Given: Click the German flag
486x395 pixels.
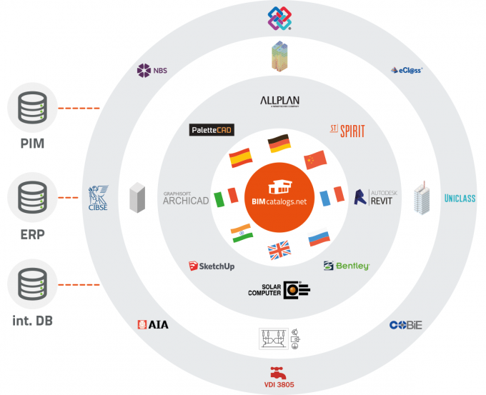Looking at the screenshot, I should [279, 144].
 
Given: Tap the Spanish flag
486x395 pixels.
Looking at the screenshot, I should [239, 157].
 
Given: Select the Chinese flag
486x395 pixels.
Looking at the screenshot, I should [314, 160].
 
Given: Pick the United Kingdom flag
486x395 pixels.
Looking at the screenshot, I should [279, 250].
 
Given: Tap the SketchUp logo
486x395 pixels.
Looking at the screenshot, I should [212, 266].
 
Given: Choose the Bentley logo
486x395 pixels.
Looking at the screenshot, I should [347, 266].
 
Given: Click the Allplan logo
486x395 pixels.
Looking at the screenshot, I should [279, 102].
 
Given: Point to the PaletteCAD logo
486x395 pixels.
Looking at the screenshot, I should [212, 130].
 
